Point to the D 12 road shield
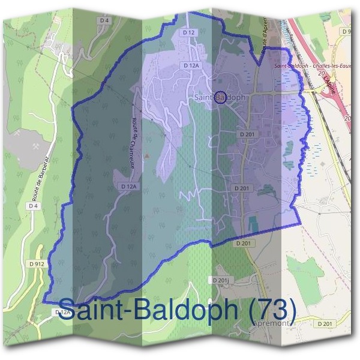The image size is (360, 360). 188,32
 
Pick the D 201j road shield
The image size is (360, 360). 221,280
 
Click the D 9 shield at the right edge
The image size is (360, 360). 346,31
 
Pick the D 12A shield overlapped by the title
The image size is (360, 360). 62,312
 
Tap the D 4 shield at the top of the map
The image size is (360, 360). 105,20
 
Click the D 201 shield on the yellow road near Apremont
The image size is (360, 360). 325,323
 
